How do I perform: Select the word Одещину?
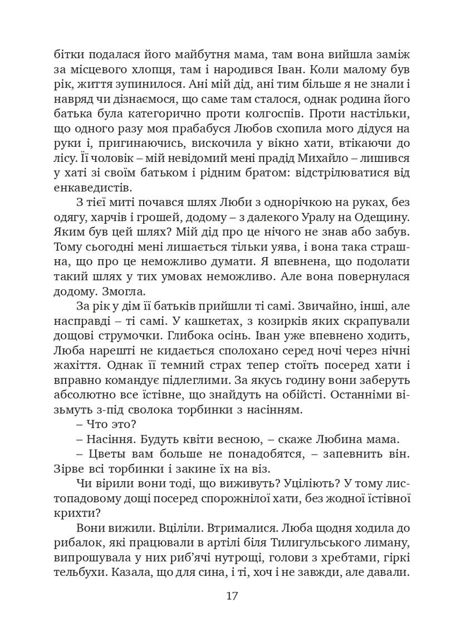380,215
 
